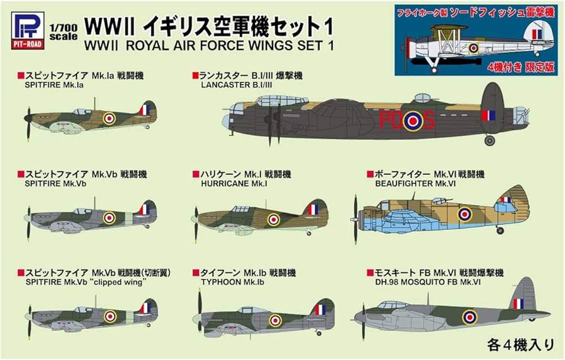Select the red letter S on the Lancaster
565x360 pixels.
click(x=428, y=120)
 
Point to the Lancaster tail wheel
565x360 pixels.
click(x=490, y=140)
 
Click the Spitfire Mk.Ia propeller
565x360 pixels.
click(x=28, y=116)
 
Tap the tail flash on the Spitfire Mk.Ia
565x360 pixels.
click(x=145, y=110)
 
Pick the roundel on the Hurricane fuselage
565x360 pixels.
click(x=273, y=219)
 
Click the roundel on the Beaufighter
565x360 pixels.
click(x=465, y=214)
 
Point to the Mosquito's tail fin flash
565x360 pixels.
click(x=518, y=304)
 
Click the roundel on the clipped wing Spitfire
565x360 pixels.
click(x=110, y=316)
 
